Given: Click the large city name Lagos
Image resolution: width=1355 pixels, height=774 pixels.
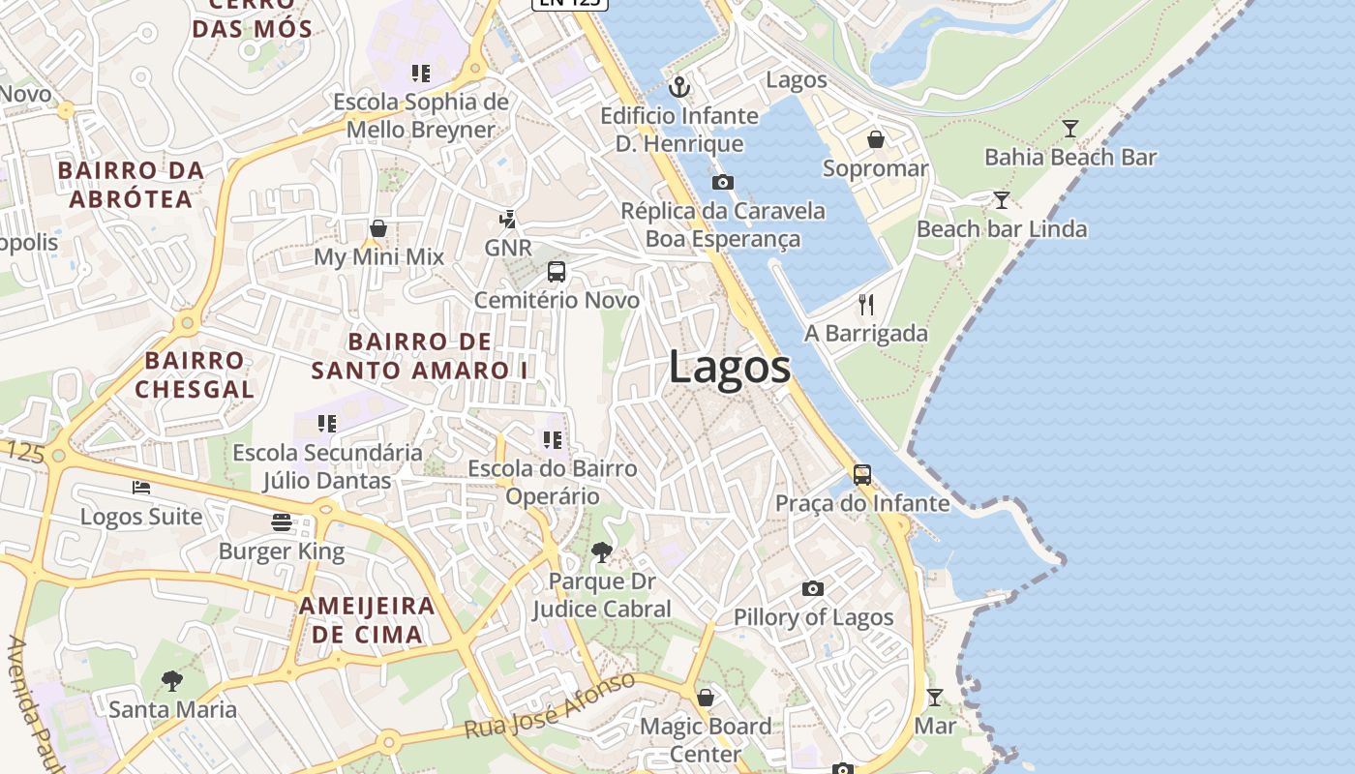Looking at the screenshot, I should tap(729, 368).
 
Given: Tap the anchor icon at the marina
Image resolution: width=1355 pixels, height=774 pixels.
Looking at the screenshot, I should tap(680, 88).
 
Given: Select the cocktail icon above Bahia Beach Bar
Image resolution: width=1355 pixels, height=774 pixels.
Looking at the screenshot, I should tap(1069, 129).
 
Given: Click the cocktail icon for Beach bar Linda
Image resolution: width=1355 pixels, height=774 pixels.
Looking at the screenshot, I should tap(1002, 200).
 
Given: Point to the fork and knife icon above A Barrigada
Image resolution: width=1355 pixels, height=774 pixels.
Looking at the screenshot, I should tap(866, 305).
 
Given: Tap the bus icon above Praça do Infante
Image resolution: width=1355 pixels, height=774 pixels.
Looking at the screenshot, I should tap(861, 475).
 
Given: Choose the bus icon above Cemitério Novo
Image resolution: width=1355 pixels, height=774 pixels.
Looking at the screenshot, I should tap(557, 272).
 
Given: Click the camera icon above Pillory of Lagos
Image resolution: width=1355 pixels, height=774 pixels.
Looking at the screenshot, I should tap(813, 588).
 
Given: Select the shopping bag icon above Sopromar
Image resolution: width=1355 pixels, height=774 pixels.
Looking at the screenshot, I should tap(875, 140).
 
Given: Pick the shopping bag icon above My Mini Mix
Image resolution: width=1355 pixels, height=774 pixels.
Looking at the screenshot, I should tap(378, 228).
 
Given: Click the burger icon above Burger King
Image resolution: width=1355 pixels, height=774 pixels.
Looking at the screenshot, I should tap(282, 523).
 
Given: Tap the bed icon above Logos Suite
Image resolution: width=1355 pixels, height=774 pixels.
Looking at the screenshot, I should tap(141, 488).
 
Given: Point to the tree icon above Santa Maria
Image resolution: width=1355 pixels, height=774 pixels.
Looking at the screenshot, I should tap(172, 681).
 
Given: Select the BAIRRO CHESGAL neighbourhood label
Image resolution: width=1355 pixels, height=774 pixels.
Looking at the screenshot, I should tap(195, 375).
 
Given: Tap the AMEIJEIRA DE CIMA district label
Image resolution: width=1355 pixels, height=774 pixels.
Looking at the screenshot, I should tap(367, 620).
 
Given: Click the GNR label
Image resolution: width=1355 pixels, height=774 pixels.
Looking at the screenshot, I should tap(508, 248).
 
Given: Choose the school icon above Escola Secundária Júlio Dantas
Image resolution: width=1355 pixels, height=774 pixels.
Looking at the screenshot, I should tap(327, 424).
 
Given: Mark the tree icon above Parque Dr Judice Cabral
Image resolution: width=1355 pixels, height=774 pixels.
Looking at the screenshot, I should tap(601, 552).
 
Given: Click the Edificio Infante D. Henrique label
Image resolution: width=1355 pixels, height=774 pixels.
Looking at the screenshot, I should tap(679, 130).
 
